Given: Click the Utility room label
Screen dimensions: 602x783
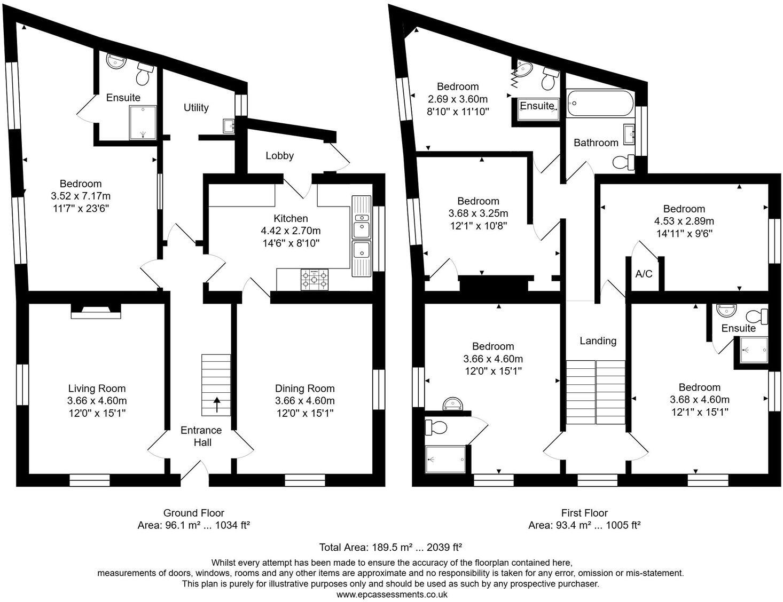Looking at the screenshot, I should pos(196,108).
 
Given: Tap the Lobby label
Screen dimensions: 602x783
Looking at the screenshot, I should pos(279,156).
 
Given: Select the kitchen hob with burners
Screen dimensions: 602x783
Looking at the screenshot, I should pos(315,279).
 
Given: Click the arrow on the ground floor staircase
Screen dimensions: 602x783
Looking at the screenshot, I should pos(216,404).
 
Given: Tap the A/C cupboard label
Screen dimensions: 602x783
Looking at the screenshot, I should pos(644,274).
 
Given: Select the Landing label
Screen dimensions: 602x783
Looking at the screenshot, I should pos(598,340).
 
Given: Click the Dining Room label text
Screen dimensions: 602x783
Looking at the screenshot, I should pos(304,389).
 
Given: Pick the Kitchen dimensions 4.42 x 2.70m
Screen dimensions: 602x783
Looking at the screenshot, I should pos(291,231).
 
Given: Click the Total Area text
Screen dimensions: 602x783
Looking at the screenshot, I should pos(390,547).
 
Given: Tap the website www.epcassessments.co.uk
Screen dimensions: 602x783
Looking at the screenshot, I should pos(391,594).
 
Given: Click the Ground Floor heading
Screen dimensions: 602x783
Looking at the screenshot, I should pos(193,513).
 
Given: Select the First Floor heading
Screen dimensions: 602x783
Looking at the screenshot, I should pos(584,513).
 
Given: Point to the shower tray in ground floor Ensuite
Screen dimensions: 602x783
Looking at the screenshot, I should pos(143,122).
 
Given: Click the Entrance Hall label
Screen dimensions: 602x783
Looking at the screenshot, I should pos(201,436).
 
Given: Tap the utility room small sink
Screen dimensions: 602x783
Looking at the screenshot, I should pos(229,126).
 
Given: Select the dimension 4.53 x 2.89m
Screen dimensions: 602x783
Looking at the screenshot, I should pos(684,221).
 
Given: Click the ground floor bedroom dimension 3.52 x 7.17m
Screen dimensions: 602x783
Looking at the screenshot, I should pos(81,196).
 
